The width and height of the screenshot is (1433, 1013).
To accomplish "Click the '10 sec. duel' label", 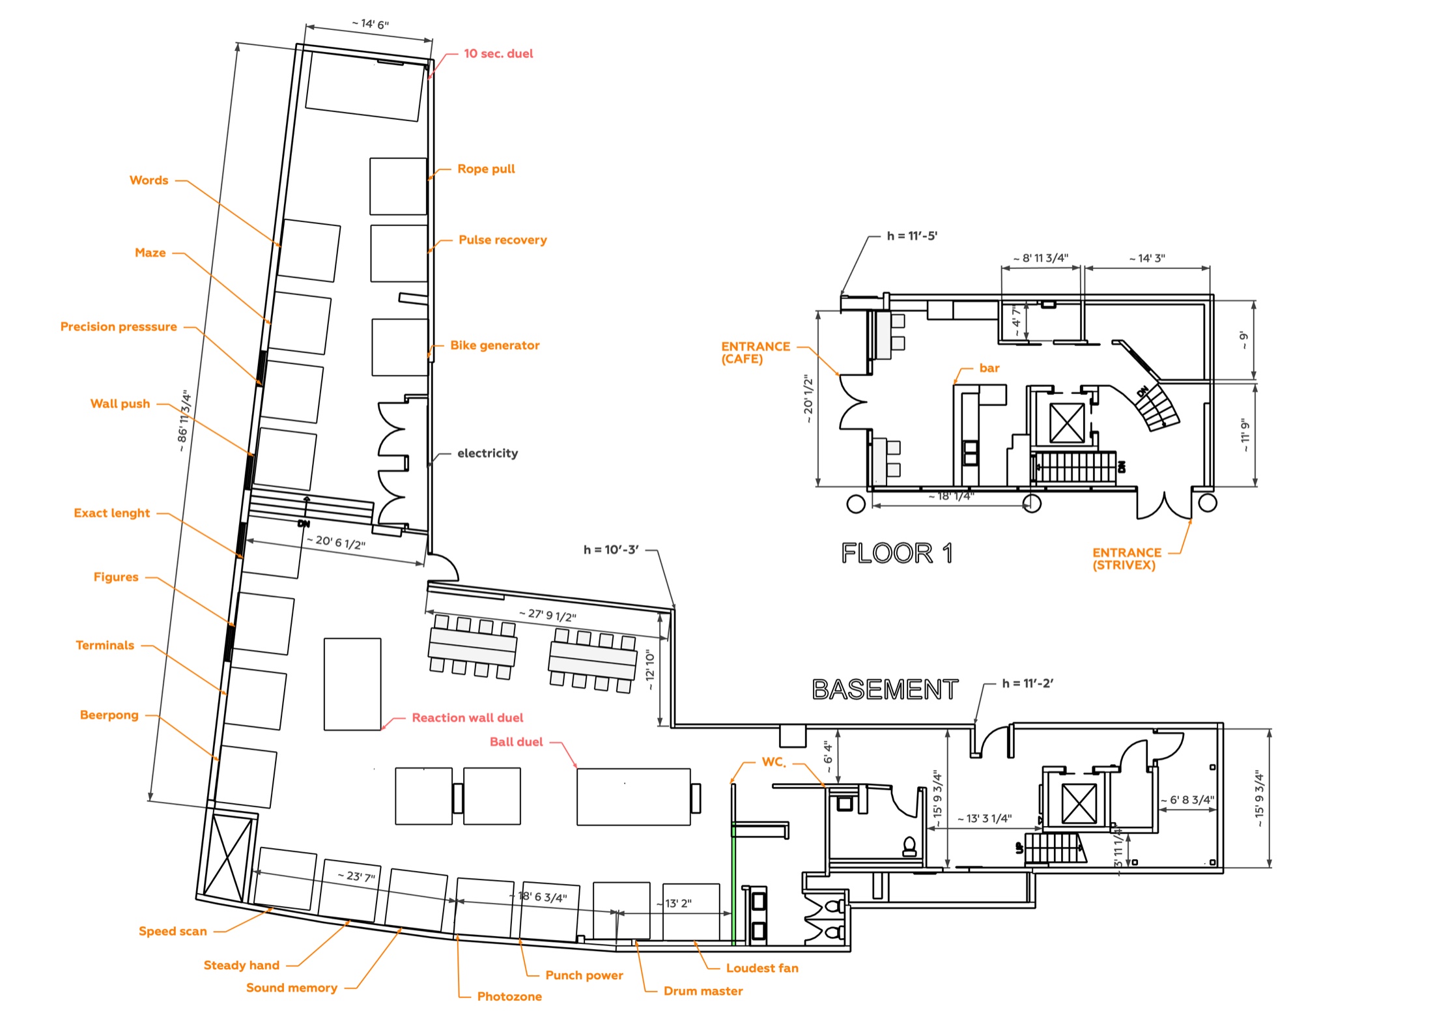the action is click(498, 53).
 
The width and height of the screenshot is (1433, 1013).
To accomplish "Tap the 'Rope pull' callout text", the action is click(486, 169).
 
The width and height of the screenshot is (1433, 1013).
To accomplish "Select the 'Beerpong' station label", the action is click(109, 715).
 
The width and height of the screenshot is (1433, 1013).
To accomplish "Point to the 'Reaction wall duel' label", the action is click(467, 717).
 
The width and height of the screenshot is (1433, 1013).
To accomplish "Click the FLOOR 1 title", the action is click(897, 553).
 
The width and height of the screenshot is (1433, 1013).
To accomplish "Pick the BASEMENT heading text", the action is click(885, 689).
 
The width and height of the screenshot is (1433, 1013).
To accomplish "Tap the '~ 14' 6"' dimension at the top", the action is click(370, 24).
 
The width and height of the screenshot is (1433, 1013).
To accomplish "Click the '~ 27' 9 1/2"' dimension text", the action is click(547, 615).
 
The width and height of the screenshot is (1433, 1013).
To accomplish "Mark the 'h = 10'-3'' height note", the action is click(611, 550).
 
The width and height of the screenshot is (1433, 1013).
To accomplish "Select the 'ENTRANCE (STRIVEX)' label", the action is click(1127, 558).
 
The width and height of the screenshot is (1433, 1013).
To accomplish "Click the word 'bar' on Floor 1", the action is click(989, 368).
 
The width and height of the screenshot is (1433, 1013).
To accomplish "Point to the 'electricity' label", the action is click(487, 453).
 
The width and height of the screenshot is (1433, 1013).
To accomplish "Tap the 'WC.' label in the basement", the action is click(774, 762).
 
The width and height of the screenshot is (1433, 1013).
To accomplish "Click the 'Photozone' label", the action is click(509, 996).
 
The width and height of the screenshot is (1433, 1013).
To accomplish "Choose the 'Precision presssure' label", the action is click(119, 326).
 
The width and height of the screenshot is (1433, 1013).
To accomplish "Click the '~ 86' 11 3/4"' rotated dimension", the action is click(184, 421).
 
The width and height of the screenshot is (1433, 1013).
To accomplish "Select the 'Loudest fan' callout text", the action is click(762, 968).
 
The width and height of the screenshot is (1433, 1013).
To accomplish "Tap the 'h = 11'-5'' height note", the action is click(912, 236).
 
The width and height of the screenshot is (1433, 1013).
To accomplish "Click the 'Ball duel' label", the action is click(516, 741).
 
